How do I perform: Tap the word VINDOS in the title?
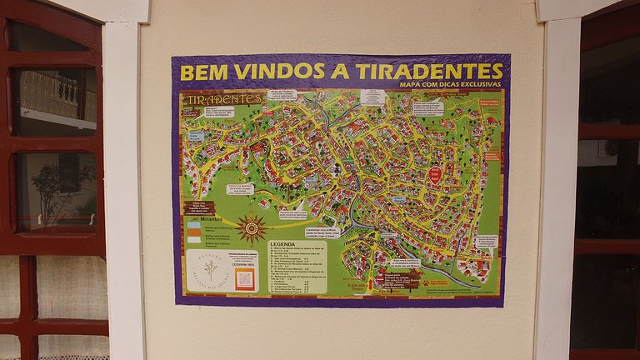coord(267,72)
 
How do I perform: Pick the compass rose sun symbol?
coord(251,227)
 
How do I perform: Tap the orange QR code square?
coord(244,279)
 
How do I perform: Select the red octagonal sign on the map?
coord(435,175)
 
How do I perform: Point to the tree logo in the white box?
coord(209,268)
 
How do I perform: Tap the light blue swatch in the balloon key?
coord(193,224)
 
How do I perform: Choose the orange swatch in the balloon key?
coord(193,232)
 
